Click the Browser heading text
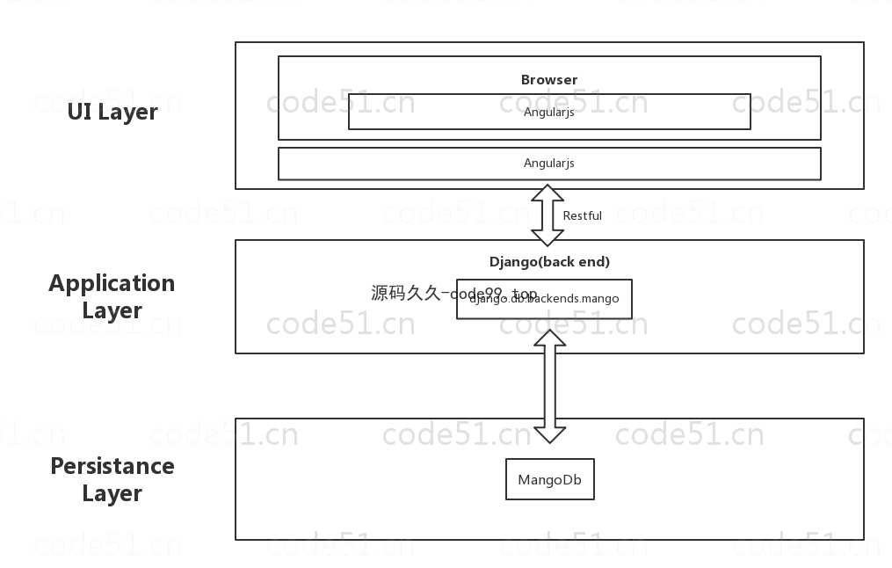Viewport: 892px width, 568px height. coord(549,80)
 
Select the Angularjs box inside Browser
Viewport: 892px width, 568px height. coord(549,112)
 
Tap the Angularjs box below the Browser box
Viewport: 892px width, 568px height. coord(549,164)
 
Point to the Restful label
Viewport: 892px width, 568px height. coord(583,215)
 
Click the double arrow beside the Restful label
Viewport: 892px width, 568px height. coord(548,215)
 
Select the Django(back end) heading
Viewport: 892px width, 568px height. coord(549,262)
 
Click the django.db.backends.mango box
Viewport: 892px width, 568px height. coord(544,299)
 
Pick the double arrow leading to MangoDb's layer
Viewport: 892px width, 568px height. coord(550,386)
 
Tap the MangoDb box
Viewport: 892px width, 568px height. coord(550,480)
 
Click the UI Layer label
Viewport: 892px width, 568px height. coord(112,113)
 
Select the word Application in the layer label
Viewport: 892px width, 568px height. coord(112,284)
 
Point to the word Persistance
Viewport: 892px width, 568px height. coord(112,466)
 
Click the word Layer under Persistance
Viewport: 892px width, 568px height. coord(112,494)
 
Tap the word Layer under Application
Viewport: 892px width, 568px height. coord(112,311)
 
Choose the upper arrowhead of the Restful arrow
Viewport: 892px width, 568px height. coord(548,194)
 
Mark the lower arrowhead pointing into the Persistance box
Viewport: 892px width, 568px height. coord(550,433)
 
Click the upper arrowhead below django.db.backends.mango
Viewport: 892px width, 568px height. coord(550,339)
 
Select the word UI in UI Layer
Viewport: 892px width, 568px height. coord(80,113)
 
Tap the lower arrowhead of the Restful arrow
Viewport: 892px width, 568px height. coord(548,237)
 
